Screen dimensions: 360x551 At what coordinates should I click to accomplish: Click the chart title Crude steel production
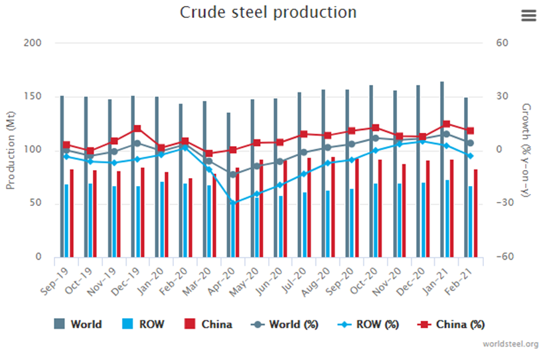click(268, 13)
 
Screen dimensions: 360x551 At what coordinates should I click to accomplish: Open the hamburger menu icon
click(528, 16)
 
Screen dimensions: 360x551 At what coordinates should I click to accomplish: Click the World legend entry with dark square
click(78, 324)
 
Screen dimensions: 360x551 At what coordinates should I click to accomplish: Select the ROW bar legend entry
click(143, 324)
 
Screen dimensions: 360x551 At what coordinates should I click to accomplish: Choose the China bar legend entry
click(208, 324)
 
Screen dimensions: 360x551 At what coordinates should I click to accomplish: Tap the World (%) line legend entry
click(286, 324)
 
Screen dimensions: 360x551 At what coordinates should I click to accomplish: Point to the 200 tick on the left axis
click(33, 43)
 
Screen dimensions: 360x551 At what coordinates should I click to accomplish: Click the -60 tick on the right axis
click(503, 257)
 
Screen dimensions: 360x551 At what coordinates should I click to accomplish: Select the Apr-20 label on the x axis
click(224, 280)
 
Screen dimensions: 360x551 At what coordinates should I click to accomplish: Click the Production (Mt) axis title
click(11, 150)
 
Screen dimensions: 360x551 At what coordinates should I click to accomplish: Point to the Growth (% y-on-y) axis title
click(526, 150)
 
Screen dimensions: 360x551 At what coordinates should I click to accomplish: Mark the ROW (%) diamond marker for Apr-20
click(233, 202)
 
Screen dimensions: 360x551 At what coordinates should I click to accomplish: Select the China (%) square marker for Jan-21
click(446, 124)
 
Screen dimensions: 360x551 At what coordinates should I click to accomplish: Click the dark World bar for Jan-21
click(442, 169)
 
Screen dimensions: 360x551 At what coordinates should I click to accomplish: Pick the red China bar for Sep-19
click(72, 213)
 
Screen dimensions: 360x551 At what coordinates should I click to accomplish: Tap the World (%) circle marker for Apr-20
click(233, 175)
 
